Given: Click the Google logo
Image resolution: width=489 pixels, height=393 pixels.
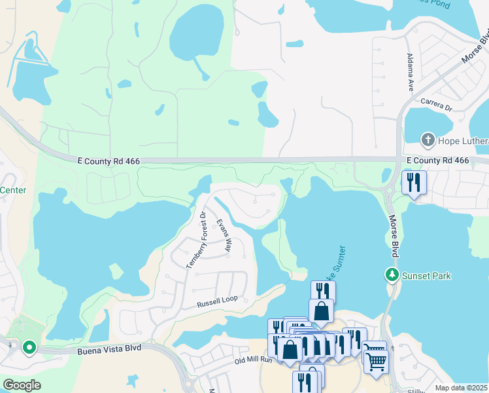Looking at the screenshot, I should (x=22, y=385).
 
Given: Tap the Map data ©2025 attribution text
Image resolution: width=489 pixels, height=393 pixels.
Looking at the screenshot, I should (x=461, y=388).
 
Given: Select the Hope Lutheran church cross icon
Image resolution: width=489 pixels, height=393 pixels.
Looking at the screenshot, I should (x=428, y=139).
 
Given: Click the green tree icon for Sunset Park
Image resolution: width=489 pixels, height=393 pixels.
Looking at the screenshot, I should (x=392, y=275).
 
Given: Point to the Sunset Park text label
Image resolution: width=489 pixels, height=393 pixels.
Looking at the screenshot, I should (x=426, y=276).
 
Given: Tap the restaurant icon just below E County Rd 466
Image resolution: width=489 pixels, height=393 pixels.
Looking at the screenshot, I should (x=414, y=182).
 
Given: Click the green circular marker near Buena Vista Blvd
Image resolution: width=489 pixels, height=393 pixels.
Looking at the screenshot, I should (x=29, y=347).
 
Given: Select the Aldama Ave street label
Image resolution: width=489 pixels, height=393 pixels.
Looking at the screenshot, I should (x=410, y=72).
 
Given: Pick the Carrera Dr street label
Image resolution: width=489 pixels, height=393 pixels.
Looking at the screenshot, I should (x=436, y=104).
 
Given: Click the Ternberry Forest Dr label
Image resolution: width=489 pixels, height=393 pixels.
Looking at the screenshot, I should (x=197, y=240).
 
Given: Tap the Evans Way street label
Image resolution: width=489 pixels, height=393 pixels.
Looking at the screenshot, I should (x=224, y=236).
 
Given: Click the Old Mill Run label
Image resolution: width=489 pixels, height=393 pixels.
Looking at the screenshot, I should (x=254, y=361).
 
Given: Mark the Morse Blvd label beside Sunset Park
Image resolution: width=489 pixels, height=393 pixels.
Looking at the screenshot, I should (x=397, y=236).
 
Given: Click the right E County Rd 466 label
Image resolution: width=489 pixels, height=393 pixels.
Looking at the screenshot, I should (x=437, y=160).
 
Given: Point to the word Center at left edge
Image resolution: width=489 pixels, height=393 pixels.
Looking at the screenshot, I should (x=12, y=191).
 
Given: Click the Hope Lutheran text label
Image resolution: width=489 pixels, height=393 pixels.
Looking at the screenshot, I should (x=464, y=139).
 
